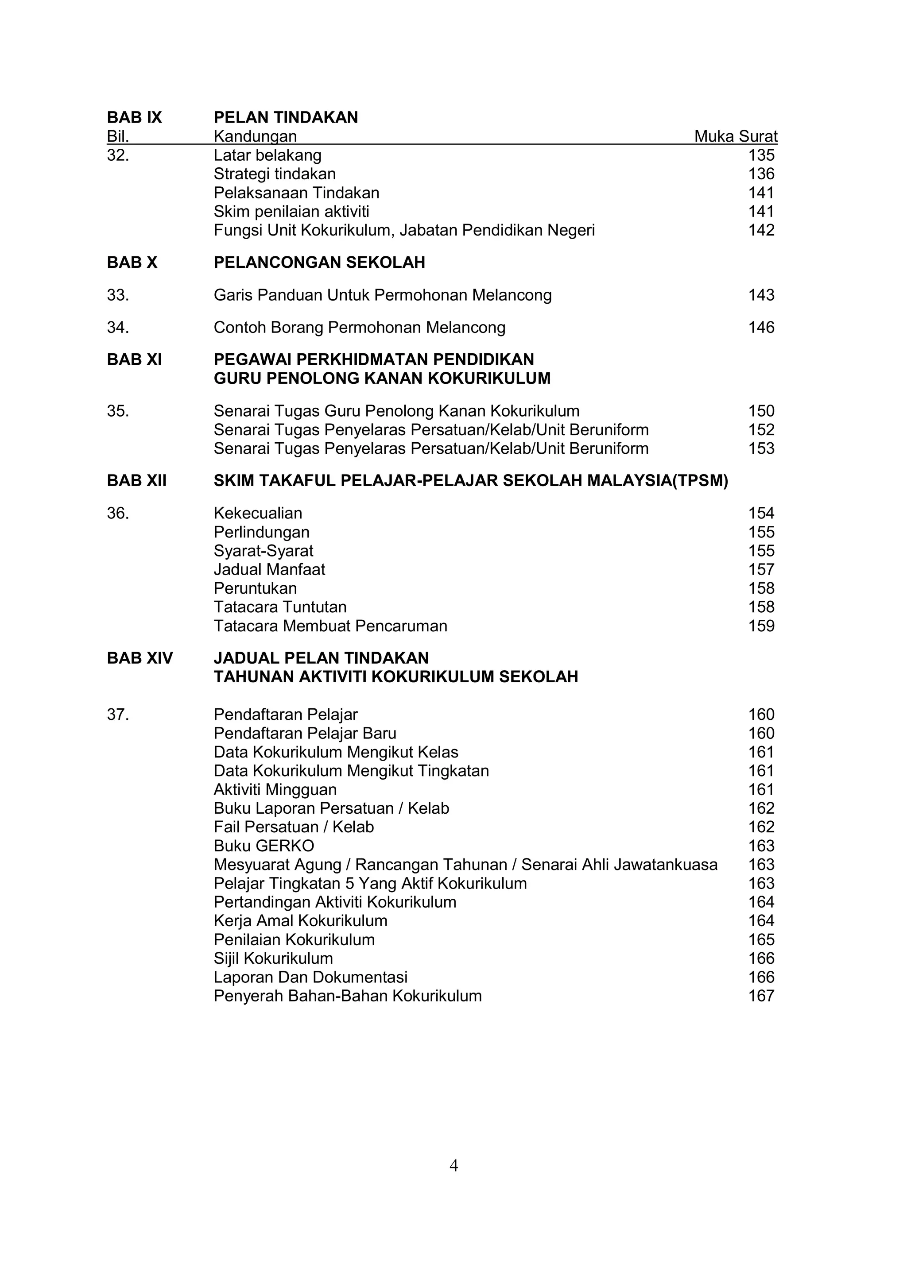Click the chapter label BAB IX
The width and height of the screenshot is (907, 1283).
coord(134,117)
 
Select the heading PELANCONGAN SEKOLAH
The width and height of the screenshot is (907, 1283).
coord(319,262)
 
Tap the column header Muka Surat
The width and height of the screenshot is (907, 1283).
coord(736,136)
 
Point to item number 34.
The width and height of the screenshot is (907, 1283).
coord(117,328)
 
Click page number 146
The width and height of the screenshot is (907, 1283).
coord(761,328)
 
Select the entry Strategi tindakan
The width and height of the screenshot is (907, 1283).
coord(275,174)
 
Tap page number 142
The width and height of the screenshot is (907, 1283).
coord(761,230)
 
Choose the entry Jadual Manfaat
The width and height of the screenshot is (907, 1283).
coord(269,569)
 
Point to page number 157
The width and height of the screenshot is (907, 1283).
coord(761,569)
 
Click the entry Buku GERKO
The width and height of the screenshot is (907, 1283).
coord(264,846)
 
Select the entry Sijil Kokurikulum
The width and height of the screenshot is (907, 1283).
coord(273,958)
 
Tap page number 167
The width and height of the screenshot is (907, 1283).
coord(761,996)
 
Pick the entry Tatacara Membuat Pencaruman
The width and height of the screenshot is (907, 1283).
coord(330,626)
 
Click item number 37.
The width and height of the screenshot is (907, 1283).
coord(117,715)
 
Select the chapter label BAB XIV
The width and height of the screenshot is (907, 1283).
coord(140,658)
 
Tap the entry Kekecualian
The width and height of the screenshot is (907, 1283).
coord(258,513)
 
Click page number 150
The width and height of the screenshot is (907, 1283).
coord(761,411)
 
